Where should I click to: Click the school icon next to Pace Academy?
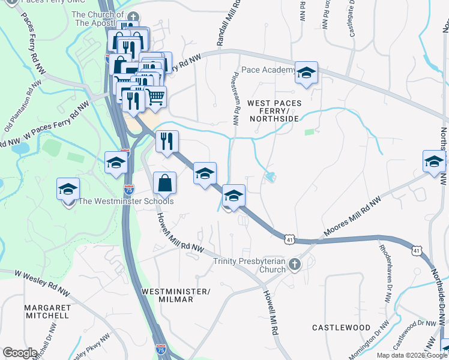pos(306,73)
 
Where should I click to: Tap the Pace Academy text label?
pos(268,70)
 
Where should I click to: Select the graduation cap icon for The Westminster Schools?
pos(68,189)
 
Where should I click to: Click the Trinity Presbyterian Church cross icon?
pos(294,264)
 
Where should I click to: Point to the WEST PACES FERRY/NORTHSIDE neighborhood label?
pos(274,111)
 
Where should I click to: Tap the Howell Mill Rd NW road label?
pos(181,233)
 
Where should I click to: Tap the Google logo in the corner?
pos(20,352)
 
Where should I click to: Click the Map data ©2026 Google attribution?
pos(412,355)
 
